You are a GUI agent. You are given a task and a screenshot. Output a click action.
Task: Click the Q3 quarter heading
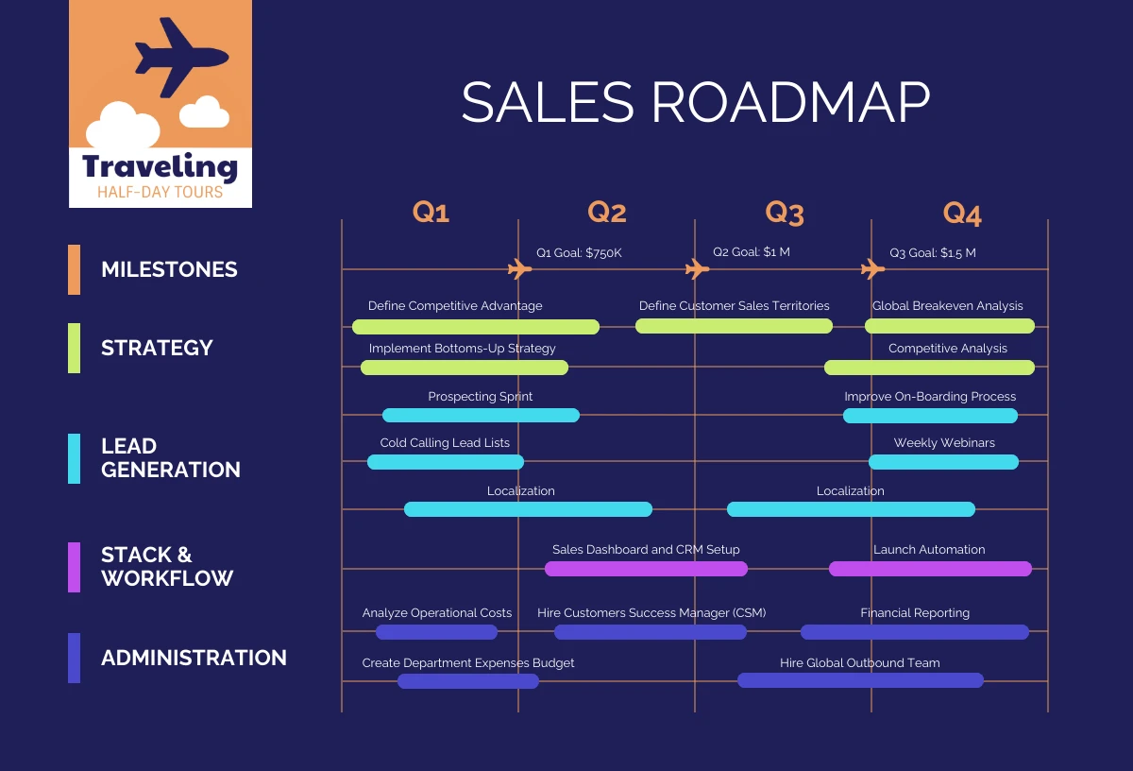point(784,213)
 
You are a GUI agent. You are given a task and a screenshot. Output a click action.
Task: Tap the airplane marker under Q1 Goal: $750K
point(519,269)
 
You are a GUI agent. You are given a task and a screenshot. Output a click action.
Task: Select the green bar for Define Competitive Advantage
point(475,327)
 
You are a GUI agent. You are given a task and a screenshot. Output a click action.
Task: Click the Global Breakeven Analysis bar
point(949,326)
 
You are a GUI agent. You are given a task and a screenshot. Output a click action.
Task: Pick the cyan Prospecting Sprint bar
point(481,415)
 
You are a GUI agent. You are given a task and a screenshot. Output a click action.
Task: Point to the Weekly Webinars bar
point(943,462)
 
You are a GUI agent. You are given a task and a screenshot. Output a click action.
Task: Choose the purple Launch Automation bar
point(930,569)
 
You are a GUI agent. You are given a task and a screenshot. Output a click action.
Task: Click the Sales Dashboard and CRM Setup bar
point(646,569)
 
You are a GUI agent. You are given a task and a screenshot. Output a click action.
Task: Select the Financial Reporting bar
point(914,632)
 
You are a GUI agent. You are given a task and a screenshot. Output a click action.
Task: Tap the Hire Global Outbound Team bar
point(860,680)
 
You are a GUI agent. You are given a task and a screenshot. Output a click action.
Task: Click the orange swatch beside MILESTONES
point(75,269)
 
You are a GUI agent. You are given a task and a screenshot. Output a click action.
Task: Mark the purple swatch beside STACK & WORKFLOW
point(75,567)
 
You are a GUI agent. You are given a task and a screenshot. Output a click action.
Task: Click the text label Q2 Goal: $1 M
point(752,252)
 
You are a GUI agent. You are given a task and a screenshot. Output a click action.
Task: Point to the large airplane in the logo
point(179,57)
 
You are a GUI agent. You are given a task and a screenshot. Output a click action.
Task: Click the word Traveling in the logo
point(160,167)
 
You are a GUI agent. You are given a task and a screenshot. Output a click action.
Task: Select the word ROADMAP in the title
point(790,102)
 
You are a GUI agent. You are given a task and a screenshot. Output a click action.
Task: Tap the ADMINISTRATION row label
point(194,658)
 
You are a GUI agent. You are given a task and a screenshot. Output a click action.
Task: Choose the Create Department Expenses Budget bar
point(467,680)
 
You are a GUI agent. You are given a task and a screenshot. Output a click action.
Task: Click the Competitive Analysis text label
point(947,349)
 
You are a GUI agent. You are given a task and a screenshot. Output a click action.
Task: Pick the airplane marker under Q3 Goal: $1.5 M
point(872,269)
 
